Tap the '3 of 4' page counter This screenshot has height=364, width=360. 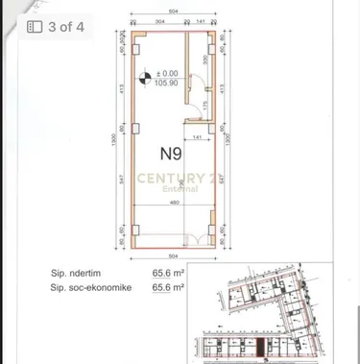tap(57, 27)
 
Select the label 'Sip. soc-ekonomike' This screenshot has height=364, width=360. tap(89, 285)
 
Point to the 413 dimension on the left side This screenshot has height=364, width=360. tap(122, 92)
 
